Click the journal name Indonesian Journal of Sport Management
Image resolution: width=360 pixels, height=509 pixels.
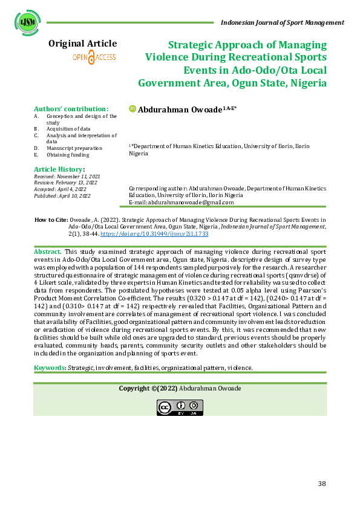[x=283, y=22]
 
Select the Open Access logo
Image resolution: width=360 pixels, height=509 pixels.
[x=94, y=57]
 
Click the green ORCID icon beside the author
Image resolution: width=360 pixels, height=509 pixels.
[x=133, y=109]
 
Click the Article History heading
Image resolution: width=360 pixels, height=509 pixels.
[x=59, y=169]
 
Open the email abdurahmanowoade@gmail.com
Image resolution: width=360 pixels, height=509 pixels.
[x=189, y=202]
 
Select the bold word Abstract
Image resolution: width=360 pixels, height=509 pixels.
[x=47, y=250]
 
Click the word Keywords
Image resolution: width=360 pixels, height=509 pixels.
[x=50, y=368]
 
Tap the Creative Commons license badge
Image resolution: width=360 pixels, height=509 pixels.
[x=180, y=407]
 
